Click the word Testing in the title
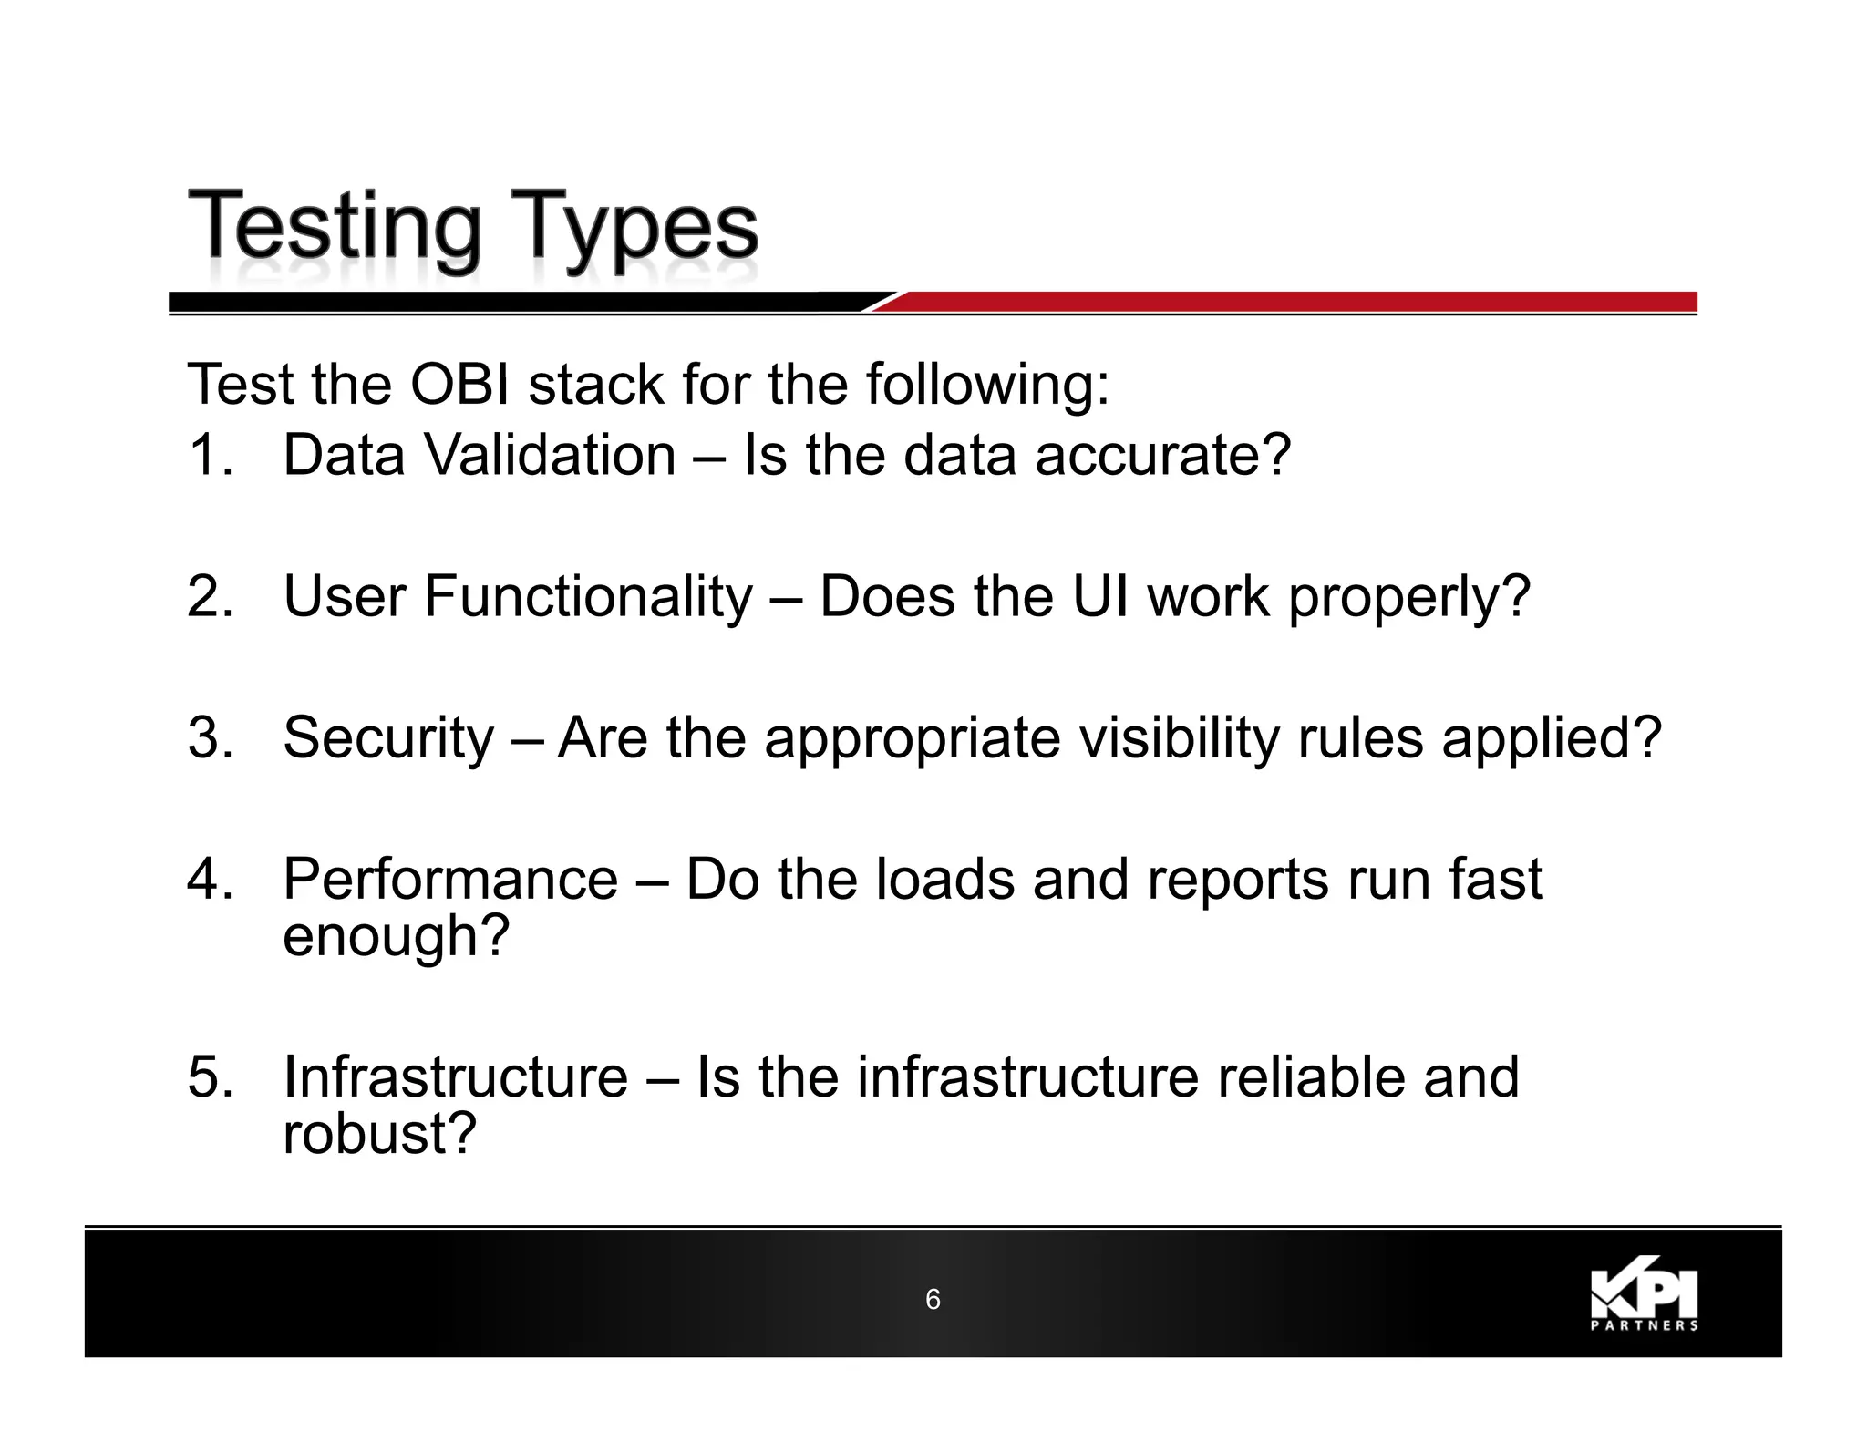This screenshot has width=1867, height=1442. pyautogui.click(x=334, y=228)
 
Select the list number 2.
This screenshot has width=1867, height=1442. pyautogui.click(x=210, y=596)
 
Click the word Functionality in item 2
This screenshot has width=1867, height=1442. pyautogui.click(x=588, y=596)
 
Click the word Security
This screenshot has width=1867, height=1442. pyautogui.click(x=387, y=738)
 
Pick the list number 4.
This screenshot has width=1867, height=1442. pyautogui.click(x=210, y=879)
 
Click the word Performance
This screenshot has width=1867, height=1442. pyautogui.click(x=450, y=879)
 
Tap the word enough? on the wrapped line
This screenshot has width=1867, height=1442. pyautogui.click(x=396, y=937)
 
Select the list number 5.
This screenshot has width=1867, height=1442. pyautogui.click(x=210, y=1076)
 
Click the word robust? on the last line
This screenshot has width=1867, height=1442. pyautogui.click(x=379, y=1133)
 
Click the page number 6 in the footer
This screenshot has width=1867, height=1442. pyautogui.click(x=933, y=1299)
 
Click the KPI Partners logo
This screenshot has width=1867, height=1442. pyautogui.click(x=1644, y=1298)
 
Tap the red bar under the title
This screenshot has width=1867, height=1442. pyautogui.click(x=1295, y=302)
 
